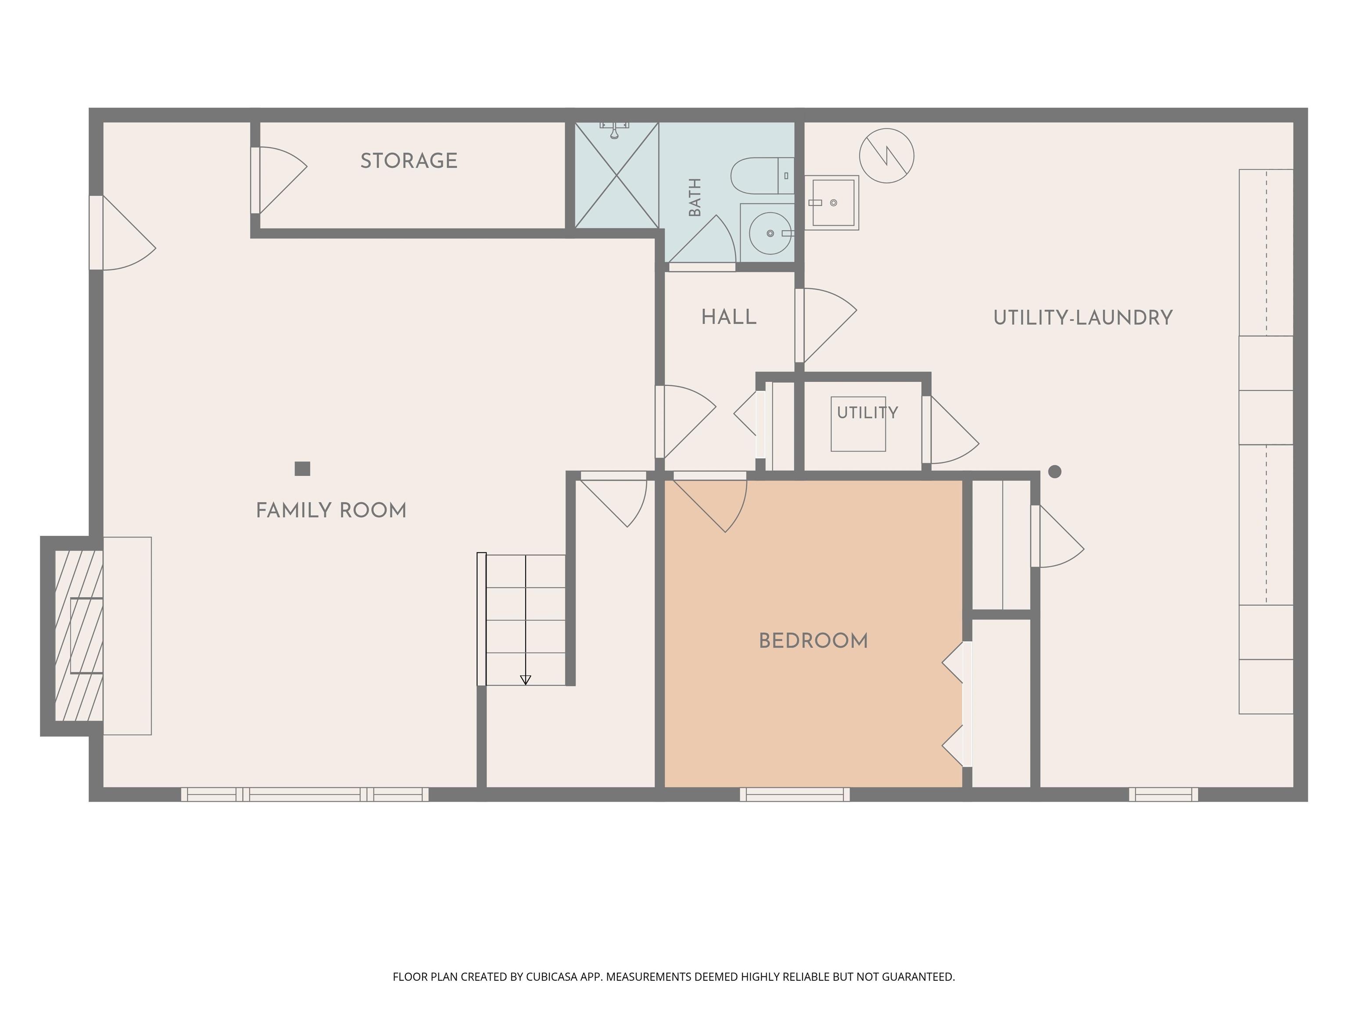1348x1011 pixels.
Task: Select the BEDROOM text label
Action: click(x=813, y=641)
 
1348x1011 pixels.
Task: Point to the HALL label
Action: click(x=729, y=317)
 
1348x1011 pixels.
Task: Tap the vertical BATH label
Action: click(x=695, y=197)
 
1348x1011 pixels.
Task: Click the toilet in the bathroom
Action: click(x=762, y=176)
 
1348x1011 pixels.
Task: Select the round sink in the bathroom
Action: click(x=770, y=233)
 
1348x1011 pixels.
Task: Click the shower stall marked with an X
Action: click(x=617, y=176)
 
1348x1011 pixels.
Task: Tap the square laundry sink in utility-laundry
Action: click(x=832, y=203)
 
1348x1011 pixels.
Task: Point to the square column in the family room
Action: click(x=302, y=468)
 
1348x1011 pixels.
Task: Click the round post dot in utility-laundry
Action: click(x=1055, y=471)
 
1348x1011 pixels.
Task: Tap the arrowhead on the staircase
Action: click(x=525, y=680)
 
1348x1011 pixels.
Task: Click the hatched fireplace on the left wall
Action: click(x=79, y=636)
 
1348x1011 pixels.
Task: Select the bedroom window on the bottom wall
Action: click(x=795, y=794)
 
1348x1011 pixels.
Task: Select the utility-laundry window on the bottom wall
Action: click(x=1163, y=794)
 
